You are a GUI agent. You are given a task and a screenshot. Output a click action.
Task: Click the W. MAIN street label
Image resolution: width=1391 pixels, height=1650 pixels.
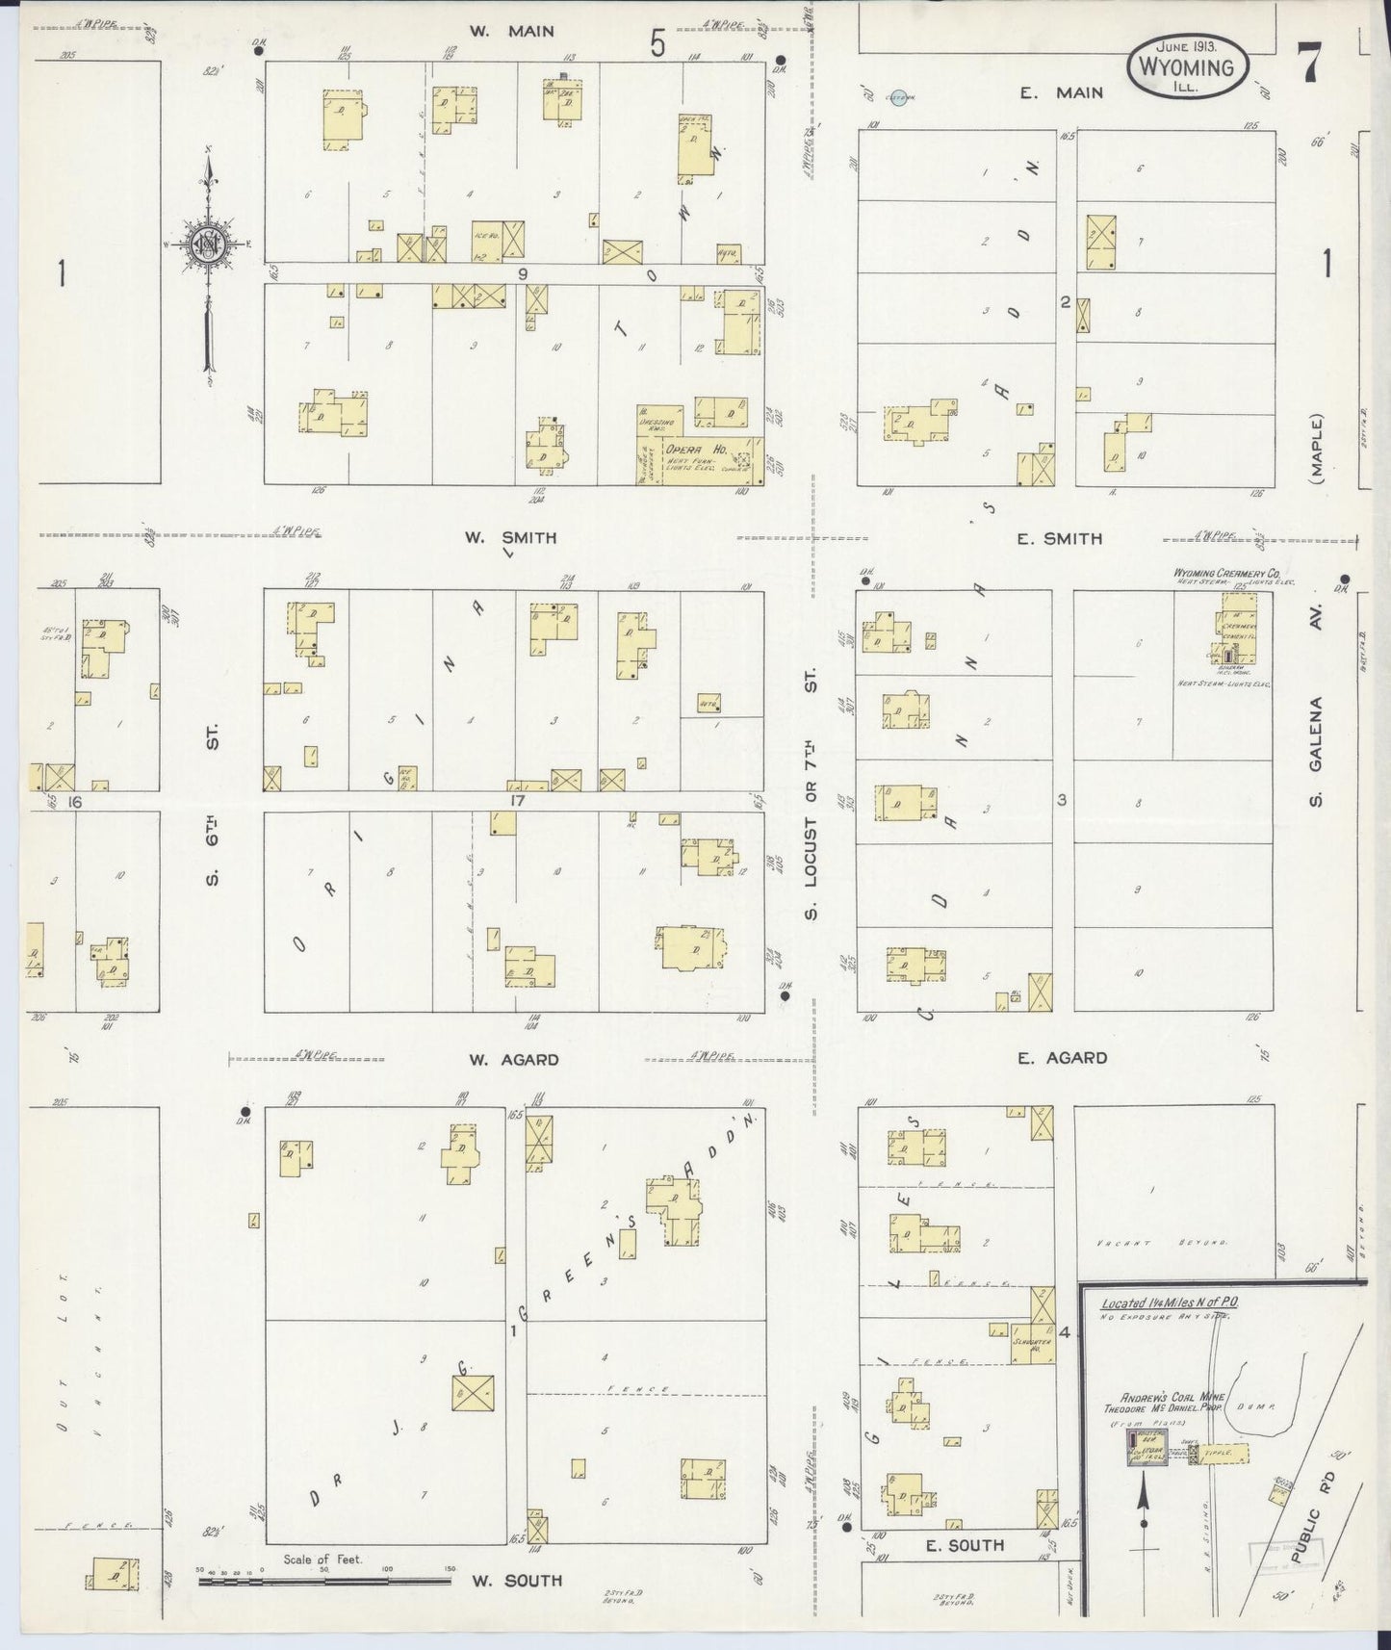click(x=511, y=32)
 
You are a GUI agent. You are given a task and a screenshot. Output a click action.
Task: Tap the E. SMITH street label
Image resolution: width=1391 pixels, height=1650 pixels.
click(x=1059, y=539)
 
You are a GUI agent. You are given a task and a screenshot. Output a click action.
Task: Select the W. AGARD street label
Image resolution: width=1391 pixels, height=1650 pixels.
click(x=513, y=1060)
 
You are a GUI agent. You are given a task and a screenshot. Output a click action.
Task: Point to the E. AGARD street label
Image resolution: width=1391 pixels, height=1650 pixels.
click(x=1062, y=1058)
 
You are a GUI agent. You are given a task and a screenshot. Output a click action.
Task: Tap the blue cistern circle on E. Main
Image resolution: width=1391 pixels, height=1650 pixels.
click(x=898, y=97)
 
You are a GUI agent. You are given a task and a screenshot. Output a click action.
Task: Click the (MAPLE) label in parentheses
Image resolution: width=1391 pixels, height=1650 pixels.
click(x=1317, y=447)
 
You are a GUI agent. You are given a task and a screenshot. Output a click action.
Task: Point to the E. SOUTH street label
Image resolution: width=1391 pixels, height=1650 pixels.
click(x=964, y=1546)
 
